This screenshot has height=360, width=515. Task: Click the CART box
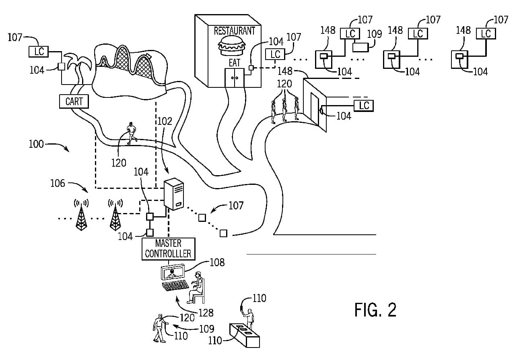pos(74,101)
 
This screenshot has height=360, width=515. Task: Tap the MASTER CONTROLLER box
pos(169,249)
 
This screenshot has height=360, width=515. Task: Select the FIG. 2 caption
pos(375,310)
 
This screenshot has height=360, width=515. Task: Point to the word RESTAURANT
pos(234,31)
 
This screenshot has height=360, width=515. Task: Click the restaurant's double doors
pos(234,77)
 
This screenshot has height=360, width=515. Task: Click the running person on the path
pos(131,133)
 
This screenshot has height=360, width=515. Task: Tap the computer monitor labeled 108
pos(173,272)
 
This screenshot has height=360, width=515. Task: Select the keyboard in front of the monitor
pos(175,286)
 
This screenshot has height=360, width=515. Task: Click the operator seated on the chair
pos(197,287)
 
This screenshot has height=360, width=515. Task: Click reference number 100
pos(36,144)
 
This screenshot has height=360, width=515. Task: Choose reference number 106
pos(58,183)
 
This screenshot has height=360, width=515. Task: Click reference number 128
pos(206,312)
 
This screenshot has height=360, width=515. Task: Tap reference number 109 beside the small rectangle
pos(375,33)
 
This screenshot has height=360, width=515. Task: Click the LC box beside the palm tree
pos(39,52)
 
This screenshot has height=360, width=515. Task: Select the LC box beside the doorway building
pos(364,106)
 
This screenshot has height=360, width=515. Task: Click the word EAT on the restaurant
pos(234,63)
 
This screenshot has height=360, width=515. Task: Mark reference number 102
pos(165,121)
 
